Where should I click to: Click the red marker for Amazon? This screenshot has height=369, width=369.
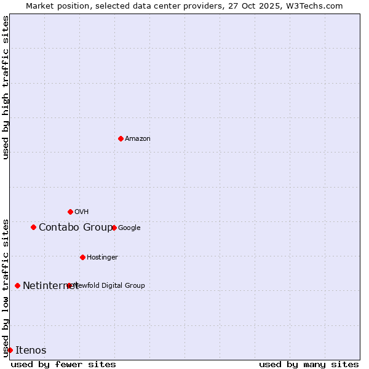(x=121, y=138)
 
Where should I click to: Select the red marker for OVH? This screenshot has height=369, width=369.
(x=70, y=212)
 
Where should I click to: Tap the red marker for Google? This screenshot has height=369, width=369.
(x=114, y=228)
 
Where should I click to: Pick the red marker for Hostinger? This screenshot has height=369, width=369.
(x=82, y=257)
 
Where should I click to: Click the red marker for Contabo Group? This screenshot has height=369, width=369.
(x=33, y=227)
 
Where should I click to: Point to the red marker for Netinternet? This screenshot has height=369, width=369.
(x=17, y=285)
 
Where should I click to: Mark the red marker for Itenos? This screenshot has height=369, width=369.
(x=10, y=350)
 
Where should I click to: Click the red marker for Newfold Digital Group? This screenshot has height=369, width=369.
(x=69, y=285)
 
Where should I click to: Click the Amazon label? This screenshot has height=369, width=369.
(x=138, y=139)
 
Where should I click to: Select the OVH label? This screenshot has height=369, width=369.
(x=82, y=212)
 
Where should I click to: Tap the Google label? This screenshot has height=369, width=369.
(x=129, y=228)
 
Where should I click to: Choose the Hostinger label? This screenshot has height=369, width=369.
(x=102, y=258)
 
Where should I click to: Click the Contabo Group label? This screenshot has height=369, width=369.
(x=75, y=228)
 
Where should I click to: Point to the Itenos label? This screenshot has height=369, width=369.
(x=31, y=351)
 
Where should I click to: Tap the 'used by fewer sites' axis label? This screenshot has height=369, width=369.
(x=63, y=364)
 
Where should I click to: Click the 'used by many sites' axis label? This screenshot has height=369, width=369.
(x=309, y=364)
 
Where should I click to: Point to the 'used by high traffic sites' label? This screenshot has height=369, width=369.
(x=6, y=87)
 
